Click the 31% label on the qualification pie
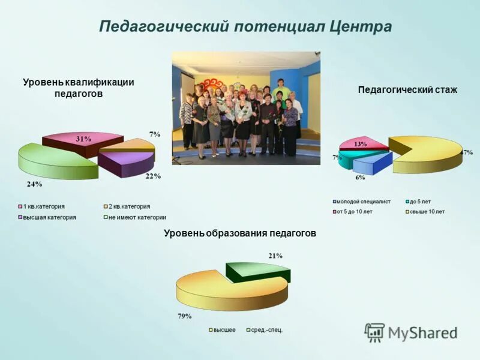click(x=83, y=139)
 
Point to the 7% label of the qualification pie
click(x=154, y=134)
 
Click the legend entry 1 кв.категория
click(x=43, y=206)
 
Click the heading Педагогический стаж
click(x=407, y=90)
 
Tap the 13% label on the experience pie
click(x=361, y=144)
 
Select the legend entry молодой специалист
click(x=363, y=202)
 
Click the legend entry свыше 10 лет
click(x=427, y=211)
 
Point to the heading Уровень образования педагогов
click(x=239, y=233)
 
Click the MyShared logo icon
click(x=375, y=332)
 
